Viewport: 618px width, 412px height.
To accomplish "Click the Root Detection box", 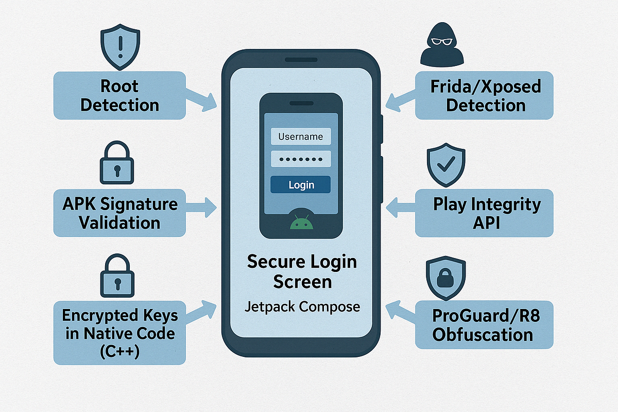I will tap(119, 95).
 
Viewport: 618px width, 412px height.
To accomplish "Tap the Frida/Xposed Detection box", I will tap(485, 95).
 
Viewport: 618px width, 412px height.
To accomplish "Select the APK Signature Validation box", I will tap(119, 213).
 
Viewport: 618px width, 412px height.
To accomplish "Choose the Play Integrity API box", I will tap(485, 213).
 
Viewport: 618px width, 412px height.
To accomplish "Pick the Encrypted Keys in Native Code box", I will tap(119, 332).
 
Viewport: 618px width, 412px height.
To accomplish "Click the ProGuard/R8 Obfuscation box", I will tap(485, 324).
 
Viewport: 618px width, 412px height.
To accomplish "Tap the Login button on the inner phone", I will tap(301, 185).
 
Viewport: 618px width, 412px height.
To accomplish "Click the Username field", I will tap(301, 136).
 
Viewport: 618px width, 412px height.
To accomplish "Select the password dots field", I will tap(301, 159).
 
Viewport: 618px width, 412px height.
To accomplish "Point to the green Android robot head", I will tap(301, 223).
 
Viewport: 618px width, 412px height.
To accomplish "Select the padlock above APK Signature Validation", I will tap(116, 164).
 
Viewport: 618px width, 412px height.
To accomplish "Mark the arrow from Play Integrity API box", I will tap(400, 208).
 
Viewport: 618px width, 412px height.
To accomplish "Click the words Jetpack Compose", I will tap(301, 307).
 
